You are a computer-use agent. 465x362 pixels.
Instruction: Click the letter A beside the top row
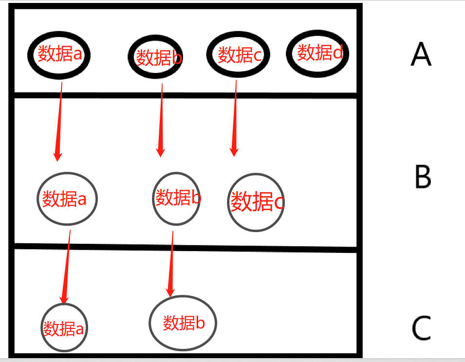(421, 54)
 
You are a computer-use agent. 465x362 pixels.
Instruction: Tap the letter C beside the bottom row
(422, 328)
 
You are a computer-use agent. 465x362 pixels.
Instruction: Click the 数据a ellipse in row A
(58, 54)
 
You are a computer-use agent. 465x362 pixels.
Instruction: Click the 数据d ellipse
(318, 53)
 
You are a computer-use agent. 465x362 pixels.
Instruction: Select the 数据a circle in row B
(67, 198)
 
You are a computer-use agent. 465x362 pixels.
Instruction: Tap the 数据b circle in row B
(177, 198)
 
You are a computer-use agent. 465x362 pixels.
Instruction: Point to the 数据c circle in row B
(256, 202)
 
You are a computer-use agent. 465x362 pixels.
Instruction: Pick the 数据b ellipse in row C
(182, 323)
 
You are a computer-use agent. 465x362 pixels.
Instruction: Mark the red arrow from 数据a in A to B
(60, 122)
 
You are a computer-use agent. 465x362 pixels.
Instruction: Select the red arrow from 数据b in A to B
(161, 119)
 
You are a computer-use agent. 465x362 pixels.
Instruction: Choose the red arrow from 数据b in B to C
(171, 263)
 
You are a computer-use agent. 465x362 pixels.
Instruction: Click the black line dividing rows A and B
(185, 95)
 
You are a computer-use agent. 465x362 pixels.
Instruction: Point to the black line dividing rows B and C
(185, 247)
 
